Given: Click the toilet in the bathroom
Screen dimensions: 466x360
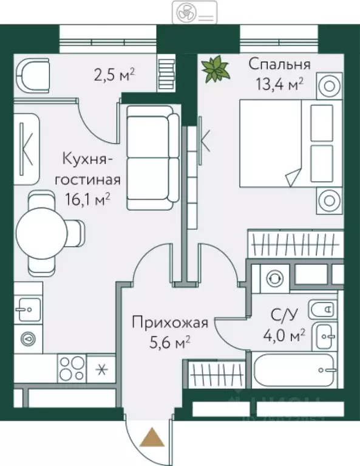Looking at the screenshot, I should [x=322, y=309].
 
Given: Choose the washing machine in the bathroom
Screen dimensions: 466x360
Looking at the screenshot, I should [x=274, y=278].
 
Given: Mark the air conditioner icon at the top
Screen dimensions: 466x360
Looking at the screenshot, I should [x=194, y=12].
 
